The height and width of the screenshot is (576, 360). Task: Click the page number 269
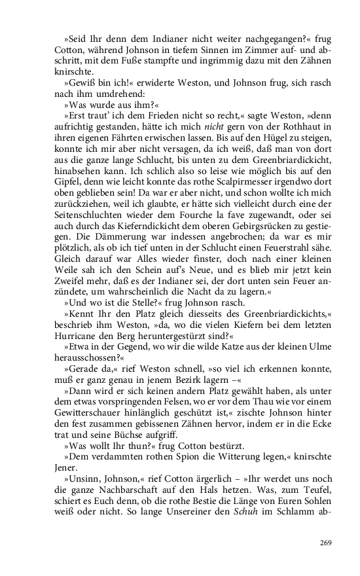(x=326, y=542)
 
